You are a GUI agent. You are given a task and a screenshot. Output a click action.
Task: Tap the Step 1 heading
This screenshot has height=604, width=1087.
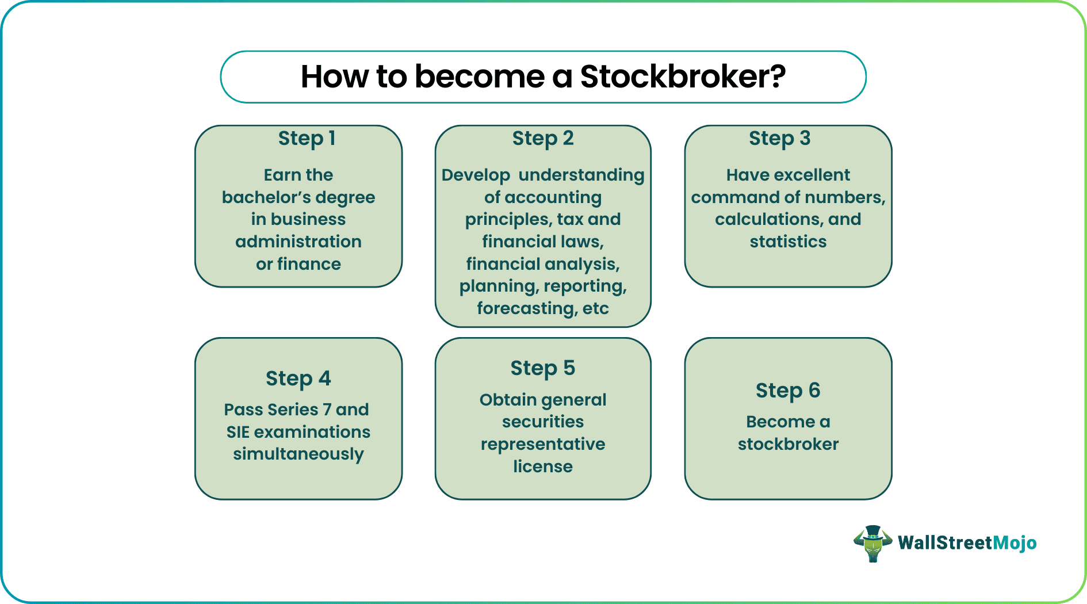307,139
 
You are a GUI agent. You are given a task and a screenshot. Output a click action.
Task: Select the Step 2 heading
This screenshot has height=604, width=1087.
543,139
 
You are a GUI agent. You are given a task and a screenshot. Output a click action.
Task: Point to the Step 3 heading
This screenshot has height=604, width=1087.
779,139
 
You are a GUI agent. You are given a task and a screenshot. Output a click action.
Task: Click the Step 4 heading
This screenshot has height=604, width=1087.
298,379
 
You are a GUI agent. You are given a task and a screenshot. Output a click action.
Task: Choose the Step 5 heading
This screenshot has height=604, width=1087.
542,368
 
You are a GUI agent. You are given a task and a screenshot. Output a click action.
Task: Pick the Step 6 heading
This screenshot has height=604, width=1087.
787,391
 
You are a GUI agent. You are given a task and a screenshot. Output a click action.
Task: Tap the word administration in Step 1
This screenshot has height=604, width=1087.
298,242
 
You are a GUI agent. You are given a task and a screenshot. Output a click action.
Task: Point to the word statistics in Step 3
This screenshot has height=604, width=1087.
787,242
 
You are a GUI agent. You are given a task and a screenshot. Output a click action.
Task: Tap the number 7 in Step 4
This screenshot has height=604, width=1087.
327,410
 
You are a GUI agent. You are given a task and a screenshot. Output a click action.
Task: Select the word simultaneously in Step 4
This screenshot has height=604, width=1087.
298,454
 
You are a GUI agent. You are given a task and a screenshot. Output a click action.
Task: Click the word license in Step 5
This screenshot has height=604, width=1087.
542,467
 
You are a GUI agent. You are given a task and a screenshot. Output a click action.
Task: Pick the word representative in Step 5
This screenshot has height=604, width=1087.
542,444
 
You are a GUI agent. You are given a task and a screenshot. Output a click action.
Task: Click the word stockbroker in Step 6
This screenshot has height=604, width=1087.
787,444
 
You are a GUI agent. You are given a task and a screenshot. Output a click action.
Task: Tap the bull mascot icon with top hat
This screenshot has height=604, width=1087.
872,543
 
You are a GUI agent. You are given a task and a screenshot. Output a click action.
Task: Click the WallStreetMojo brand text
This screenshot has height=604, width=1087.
967,543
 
